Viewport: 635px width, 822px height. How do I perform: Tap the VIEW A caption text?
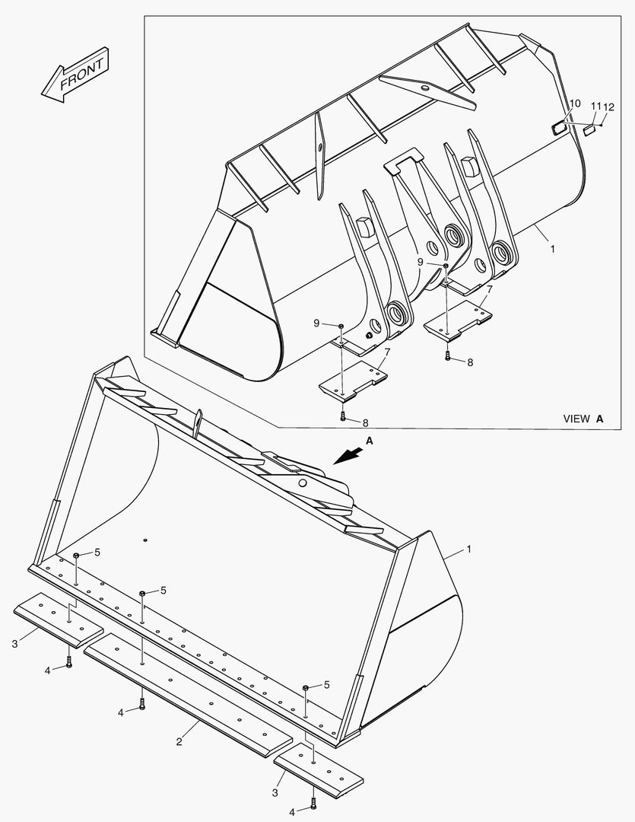pos(583,419)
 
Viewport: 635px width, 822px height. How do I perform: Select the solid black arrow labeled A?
pos(348,454)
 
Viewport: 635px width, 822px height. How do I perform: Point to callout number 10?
pos(574,104)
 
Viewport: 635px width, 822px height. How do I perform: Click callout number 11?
pos(595,106)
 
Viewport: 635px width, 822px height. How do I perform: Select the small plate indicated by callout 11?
pos(588,131)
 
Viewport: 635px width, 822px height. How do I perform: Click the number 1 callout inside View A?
pos(552,248)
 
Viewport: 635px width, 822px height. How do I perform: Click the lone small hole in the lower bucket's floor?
pos(144,540)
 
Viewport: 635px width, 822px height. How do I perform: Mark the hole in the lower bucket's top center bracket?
pos(303,483)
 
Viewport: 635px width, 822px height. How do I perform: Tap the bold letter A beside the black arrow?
pos(369,441)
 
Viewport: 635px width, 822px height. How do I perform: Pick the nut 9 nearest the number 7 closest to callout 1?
pos(445,266)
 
